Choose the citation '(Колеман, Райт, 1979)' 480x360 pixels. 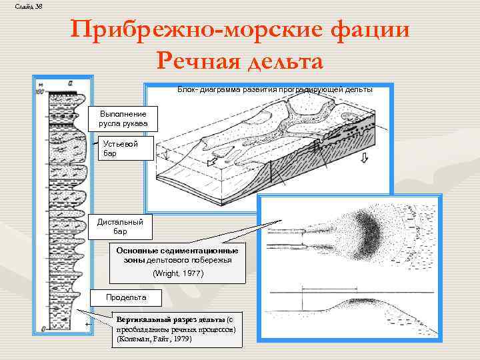(154, 339)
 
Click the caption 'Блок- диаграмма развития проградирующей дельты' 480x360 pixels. (275, 89)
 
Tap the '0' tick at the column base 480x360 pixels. (42, 328)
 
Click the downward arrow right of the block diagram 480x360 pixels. (364, 157)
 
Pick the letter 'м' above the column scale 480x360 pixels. (41, 84)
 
